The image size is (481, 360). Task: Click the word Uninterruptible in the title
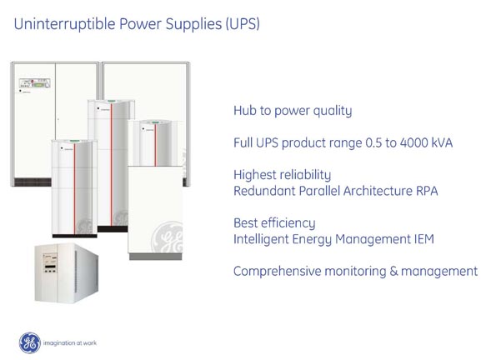64,24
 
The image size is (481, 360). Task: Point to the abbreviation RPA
427,191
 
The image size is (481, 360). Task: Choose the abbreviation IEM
424,239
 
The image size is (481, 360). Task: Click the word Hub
245,111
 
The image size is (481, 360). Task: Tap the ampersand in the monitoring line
393,272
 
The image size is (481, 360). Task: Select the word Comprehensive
277,272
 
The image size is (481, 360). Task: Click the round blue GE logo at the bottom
29,342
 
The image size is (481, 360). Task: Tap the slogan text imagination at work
70,343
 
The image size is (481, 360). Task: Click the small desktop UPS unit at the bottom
67,272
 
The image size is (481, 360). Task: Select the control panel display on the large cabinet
34,82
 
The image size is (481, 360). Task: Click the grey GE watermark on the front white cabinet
168,237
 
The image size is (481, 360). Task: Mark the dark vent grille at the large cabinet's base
33,182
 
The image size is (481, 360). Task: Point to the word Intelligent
262,239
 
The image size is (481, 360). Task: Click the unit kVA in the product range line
442,142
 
